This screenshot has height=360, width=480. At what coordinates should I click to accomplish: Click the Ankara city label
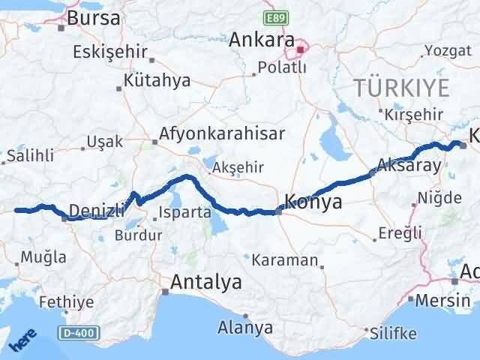pyautogui.click(x=260, y=37)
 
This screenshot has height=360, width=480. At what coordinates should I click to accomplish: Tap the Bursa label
pyautogui.click(x=93, y=18)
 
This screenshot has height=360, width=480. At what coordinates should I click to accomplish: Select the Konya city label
pyautogui.click(x=314, y=202)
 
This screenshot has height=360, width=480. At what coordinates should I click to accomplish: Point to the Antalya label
pyautogui.click(x=206, y=283)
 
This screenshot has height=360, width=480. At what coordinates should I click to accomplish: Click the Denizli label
pyautogui.click(x=96, y=209)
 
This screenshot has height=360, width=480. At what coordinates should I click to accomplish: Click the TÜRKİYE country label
pyautogui.click(x=402, y=88)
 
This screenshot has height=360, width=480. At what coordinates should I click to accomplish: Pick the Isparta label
pyautogui.click(x=184, y=212)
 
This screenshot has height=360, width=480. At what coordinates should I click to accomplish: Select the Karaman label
pyautogui.click(x=285, y=260)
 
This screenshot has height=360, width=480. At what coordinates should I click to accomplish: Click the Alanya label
pyautogui.click(x=244, y=327)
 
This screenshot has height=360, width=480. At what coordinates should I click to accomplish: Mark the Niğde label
pyautogui.click(x=442, y=198)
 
